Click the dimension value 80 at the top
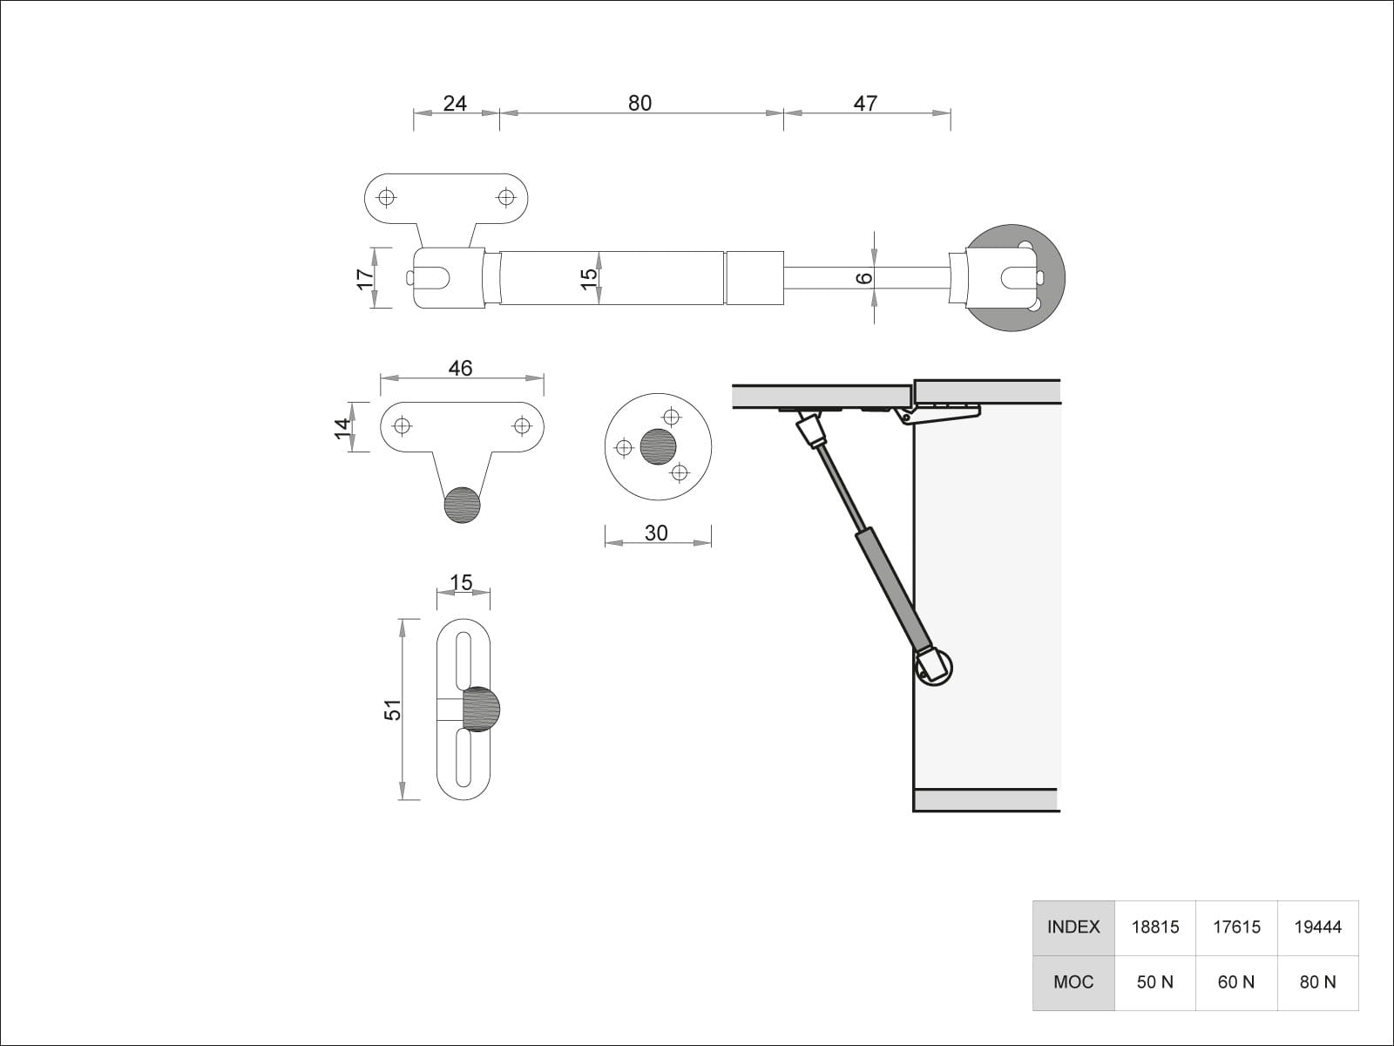(x=639, y=103)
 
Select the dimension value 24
(x=455, y=103)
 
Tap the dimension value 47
(x=865, y=103)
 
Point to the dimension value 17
(x=365, y=278)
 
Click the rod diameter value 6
(x=863, y=278)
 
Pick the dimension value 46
(x=460, y=368)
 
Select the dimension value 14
(x=342, y=426)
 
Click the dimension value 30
(x=656, y=533)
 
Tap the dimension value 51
(x=393, y=710)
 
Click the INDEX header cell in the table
(x=1073, y=927)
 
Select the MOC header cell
(x=1073, y=982)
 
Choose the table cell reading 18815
(x=1155, y=927)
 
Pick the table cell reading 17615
(x=1236, y=927)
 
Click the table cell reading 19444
(x=1317, y=927)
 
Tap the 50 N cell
(x=1155, y=982)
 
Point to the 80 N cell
(x=1317, y=982)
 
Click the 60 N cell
(x=1236, y=982)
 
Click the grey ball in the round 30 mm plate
(x=658, y=446)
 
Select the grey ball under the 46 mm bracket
(x=462, y=505)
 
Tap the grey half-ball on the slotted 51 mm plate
(x=481, y=709)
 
